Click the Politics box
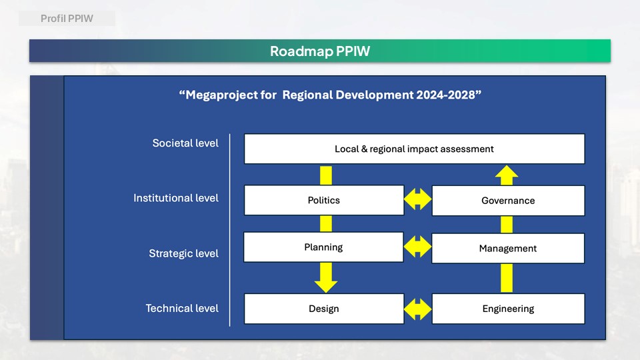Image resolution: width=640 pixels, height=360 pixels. click(324, 200)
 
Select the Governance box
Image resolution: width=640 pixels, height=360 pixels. click(508, 201)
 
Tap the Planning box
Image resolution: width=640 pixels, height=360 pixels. click(323, 247)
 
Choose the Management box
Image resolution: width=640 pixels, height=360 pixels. click(508, 248)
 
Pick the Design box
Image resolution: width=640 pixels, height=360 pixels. click(324, 309)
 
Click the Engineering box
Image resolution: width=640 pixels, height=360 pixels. click(508, 309)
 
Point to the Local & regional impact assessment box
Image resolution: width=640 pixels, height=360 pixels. click(414, 149)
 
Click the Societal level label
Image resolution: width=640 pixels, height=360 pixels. click(185, 143)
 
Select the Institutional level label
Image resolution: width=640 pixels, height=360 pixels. click(176, 198)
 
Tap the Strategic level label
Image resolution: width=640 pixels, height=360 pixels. click(184, 253)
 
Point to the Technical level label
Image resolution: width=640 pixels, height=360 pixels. click(182, 308)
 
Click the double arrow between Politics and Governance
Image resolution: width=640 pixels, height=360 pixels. click(417, 199)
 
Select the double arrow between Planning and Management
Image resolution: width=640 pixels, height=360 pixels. click(417, 247)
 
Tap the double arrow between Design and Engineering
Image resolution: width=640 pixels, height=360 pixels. click(417, 309)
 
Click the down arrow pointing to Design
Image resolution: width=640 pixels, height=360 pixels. click(326, 277)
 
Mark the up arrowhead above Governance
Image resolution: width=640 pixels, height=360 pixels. click(507, 175)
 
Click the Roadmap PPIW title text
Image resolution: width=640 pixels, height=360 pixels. click(320, 51)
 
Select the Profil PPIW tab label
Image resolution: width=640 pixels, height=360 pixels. click(67, 19)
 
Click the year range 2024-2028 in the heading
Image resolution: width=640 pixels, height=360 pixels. click(446, 95)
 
